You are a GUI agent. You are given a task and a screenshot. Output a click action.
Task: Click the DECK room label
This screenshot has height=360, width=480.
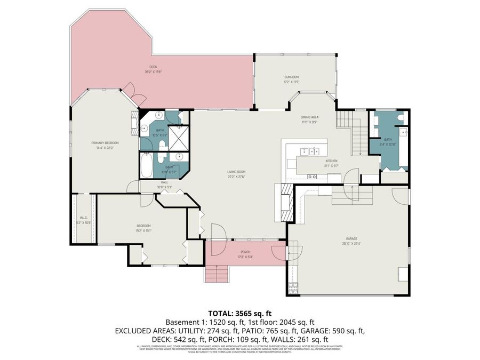[153, 67]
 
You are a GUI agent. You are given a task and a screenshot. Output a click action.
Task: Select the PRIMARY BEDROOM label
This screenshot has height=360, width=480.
[105, 143]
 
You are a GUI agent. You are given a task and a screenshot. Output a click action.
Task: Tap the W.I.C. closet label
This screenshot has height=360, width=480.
[84, 218]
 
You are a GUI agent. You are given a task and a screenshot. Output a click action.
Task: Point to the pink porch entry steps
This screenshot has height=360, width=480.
[217, 274]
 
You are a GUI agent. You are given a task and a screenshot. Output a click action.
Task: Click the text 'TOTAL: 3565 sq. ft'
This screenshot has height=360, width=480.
[239, 314]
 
